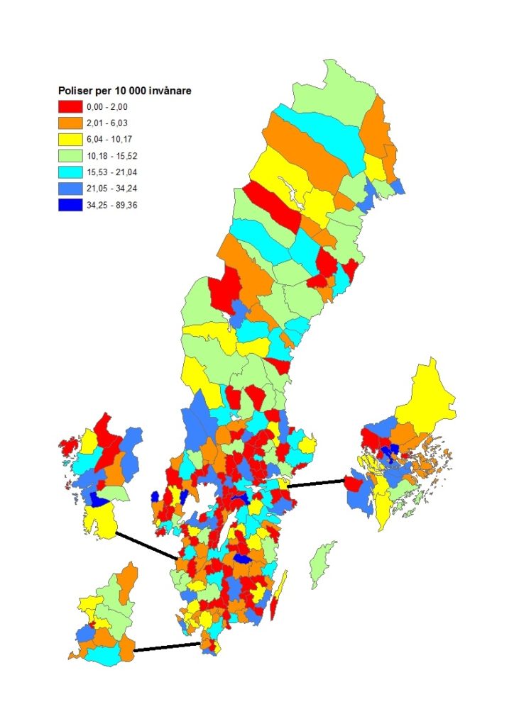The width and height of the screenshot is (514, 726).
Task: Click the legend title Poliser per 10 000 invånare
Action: tap(126, 91)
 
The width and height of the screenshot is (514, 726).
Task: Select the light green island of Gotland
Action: tap(323, 561)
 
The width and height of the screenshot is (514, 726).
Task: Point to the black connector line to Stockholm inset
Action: tap(317, 484)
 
